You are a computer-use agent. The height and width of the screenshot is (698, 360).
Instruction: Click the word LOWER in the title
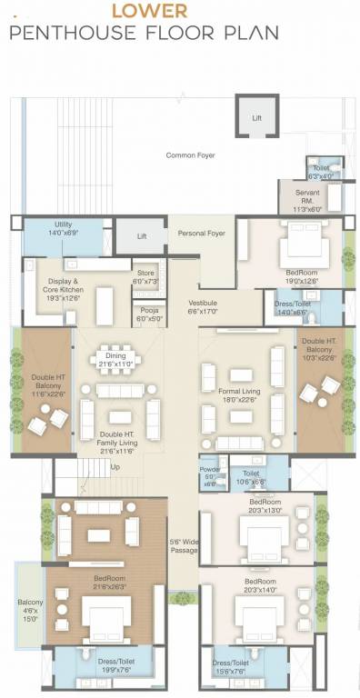pyautogui.click(x=149, y=12)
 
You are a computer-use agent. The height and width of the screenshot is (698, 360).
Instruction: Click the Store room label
pyautogui.click(x=145, y=277)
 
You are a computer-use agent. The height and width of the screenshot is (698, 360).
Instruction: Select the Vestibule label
pyautogui.click(x=202, y=305)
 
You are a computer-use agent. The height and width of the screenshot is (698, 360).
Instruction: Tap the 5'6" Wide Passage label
pyautogui.click(x=182, y=547)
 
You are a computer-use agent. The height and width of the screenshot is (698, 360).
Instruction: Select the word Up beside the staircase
pyautogui.click(x=114, y=468)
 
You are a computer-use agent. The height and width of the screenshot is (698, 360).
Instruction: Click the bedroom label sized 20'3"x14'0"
pyautogui.click(x=258, y=585)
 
